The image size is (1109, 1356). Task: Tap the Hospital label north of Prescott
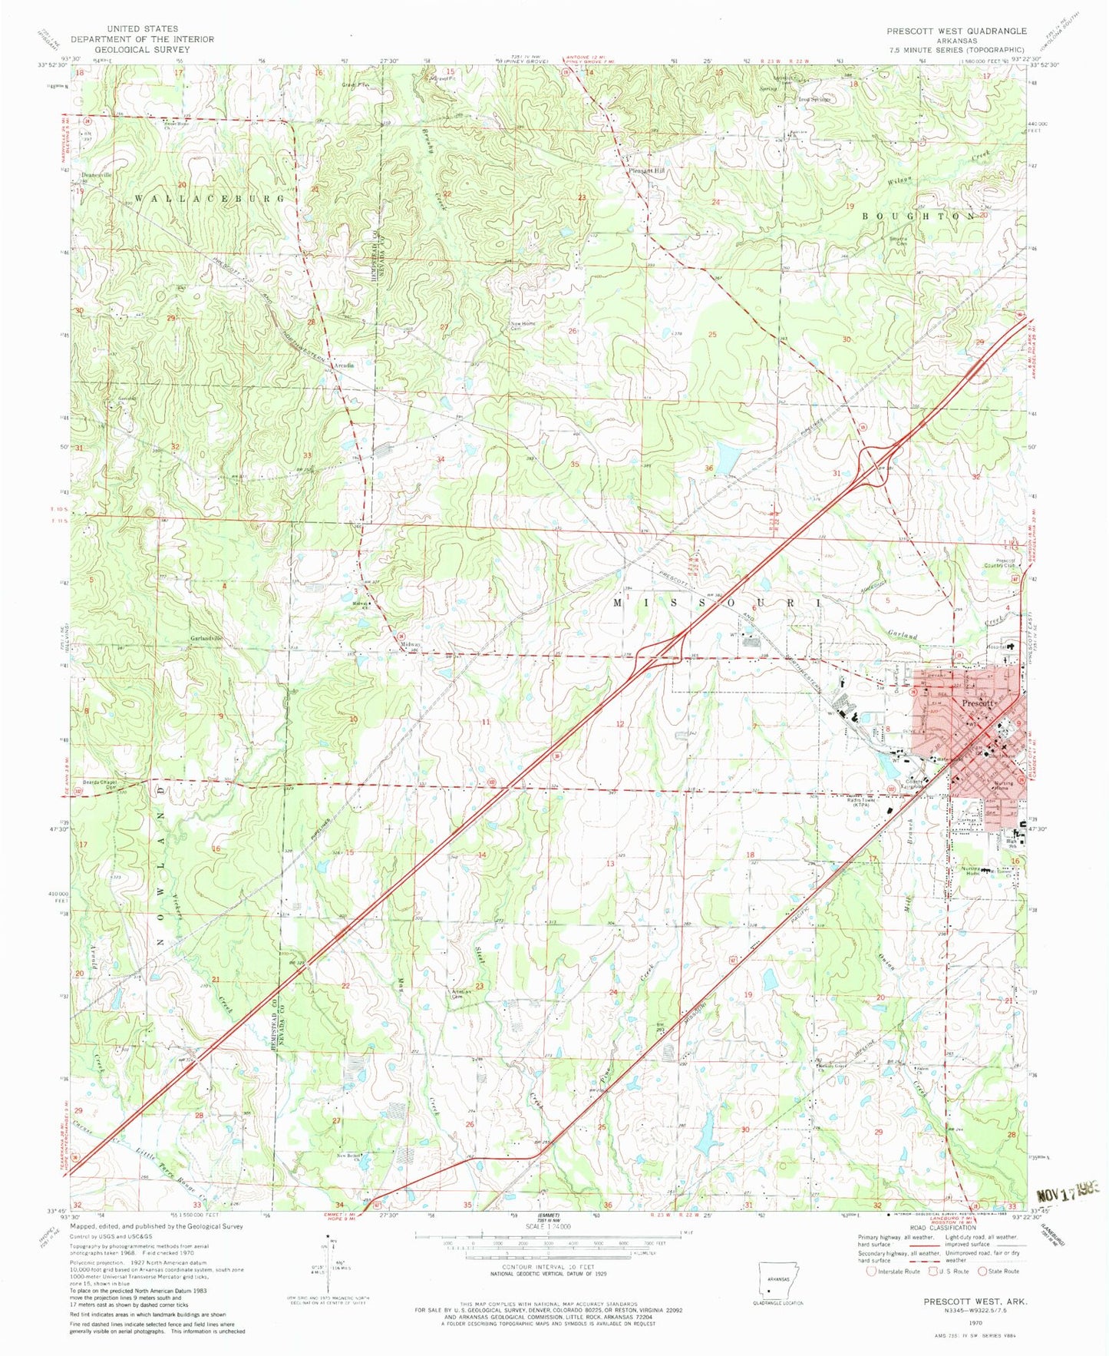997,647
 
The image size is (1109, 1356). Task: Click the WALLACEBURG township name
210,198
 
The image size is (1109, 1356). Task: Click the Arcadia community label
343,365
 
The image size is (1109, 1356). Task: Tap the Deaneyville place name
97,175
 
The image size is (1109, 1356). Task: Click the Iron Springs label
814,99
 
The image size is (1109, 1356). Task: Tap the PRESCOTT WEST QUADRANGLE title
956,31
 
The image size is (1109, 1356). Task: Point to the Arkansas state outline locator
778,1279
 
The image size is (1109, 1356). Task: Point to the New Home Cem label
523,326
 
